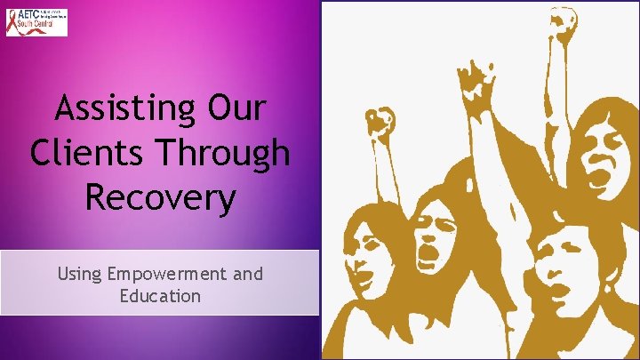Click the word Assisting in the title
click(x=116, y=109)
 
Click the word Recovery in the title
click(x=160, y=196)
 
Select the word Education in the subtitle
click(x=160, y=295)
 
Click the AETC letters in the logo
click(x=33, y=16)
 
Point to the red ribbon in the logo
click(x=13, y=23)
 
